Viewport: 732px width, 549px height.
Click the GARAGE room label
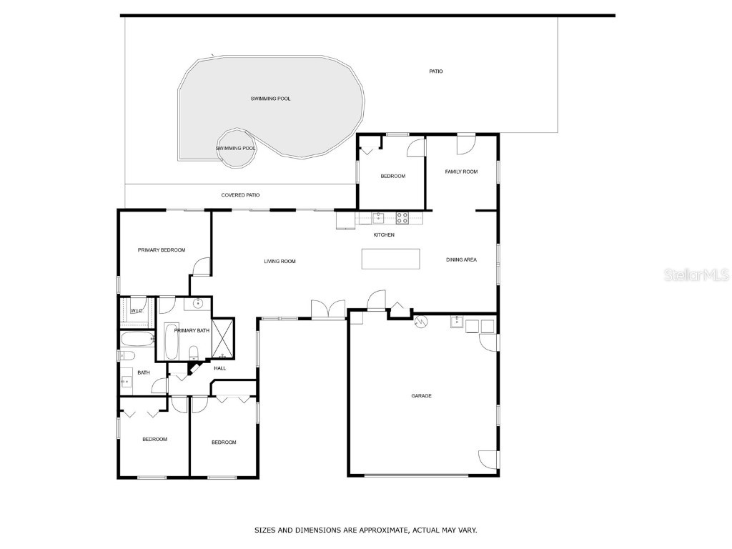click(421, 395)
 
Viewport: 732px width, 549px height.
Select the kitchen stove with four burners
click(402, 217)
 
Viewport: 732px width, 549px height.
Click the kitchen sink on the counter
click(378, 217)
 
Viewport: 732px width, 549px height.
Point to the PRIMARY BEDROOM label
click(162, 250)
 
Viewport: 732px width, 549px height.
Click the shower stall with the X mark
click(223, 337)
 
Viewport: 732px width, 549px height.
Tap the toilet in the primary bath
click(193, 352)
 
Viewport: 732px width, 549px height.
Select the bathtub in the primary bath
click(172, 342)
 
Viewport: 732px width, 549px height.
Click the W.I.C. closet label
click(136, 311)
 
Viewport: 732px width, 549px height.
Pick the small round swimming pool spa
click(235, 148)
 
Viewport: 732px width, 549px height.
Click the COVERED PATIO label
click(240, 195)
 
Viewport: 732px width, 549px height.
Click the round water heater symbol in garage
click(420, 322)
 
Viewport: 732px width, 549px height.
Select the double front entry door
click(328, 310)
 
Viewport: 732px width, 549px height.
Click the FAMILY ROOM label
click(461, 172)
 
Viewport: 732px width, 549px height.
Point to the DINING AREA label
click(461, 259)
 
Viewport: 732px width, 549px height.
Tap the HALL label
click(219, 368)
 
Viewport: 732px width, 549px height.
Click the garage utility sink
click(456, 322)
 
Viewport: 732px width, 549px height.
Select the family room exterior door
click(465, 142)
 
